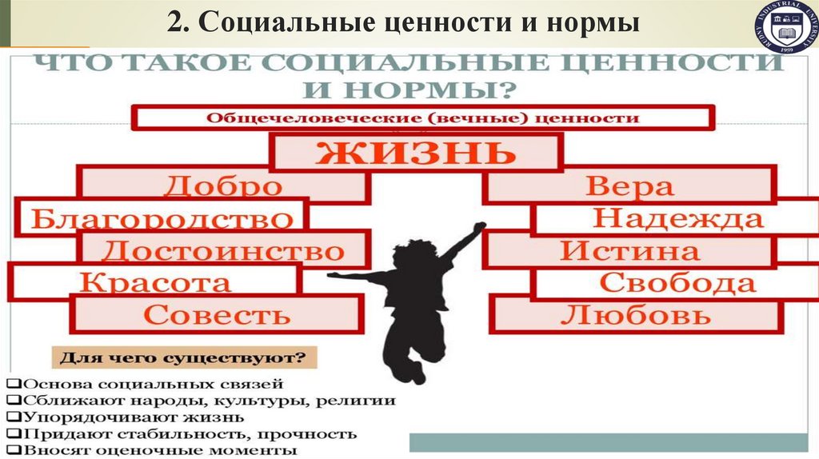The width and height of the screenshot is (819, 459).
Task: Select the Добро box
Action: point(223,186)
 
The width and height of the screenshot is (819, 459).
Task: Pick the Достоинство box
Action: point(223,251)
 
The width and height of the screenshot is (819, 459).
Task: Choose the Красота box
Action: point(156,282)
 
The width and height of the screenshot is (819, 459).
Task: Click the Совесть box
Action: point(217,314)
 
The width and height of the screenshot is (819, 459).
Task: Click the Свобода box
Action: point(677,282)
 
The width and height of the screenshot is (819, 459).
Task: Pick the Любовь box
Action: point(635,314)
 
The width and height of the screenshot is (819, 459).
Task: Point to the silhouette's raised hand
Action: point(478,228)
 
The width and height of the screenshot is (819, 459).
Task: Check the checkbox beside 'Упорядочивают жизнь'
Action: point(10,417)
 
